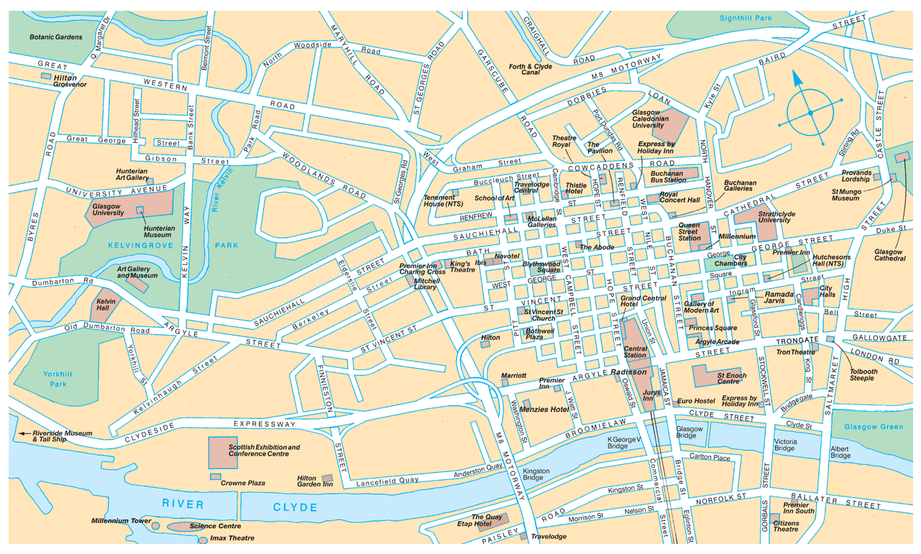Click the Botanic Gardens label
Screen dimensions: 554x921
pyautogui.click(x=55, y=37)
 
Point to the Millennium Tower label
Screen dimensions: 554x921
pyautogui.click(x=121, y=521)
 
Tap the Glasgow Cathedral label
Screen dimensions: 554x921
pyautogui.click(x=889, y=254)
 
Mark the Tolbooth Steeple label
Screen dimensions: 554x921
pyautogui.click(x=862, y=375)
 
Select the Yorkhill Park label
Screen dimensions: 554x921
pyautogui.click(x=55, y=379)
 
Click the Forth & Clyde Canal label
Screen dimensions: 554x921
pyautogui.click(x=531, y=70)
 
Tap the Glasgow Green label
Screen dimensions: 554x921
pyautogui.click(x=873, y=427)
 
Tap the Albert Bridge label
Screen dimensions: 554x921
pyautogui.click(x=840, y=451)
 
